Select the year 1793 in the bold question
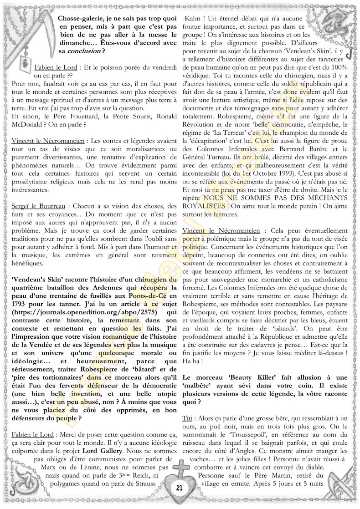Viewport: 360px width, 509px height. tap(18, 317)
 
